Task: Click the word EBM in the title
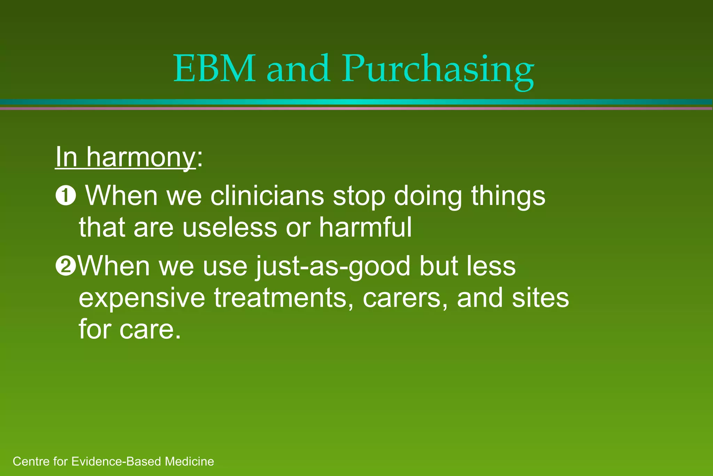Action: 214,69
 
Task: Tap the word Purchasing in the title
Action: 438,70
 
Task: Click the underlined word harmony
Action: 141,158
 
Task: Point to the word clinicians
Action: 267,196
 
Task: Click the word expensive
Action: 142,298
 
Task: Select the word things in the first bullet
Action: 508,196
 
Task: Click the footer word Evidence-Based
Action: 117,462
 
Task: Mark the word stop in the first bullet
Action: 359,197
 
